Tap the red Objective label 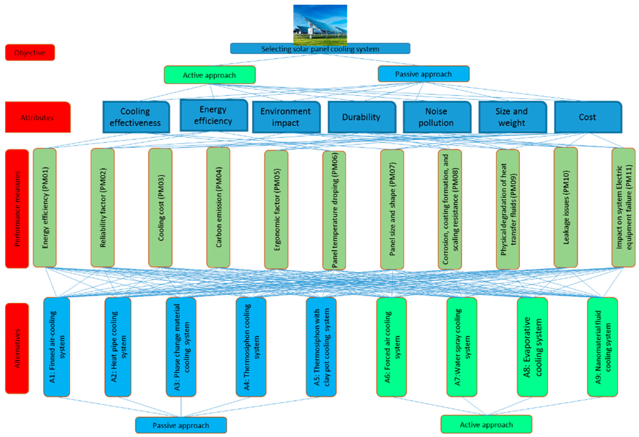[x=30, y=52]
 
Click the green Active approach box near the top [x=210, y=75]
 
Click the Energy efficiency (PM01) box [x=45, y=208]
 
